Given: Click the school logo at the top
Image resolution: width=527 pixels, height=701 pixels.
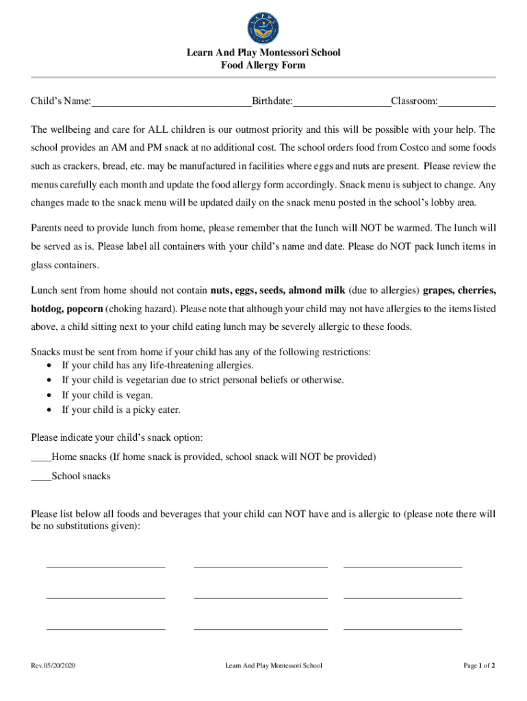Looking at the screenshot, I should [x=263, y=28].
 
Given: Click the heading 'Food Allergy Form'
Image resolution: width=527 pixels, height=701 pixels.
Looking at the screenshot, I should [x=263, y=66].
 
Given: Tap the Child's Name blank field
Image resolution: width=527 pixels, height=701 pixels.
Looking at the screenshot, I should [x=171, y=103].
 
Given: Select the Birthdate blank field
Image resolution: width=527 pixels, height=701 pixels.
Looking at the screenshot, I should [x=342, y=103].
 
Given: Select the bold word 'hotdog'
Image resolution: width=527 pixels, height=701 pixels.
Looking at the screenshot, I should [x=47, y=309].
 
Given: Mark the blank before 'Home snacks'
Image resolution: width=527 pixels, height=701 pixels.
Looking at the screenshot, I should [x=41, y=457].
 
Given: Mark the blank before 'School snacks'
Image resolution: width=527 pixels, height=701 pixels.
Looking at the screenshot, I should [x=41, y=476].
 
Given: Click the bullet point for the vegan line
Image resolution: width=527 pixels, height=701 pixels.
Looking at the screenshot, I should [x=49, y=396].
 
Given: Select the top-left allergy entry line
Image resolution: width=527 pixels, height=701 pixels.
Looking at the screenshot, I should [x=105, y=565].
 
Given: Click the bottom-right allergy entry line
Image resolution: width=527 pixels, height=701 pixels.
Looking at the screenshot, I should [x=402, y=627].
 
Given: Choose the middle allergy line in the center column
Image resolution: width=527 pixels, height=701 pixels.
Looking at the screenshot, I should [x=261, y=597].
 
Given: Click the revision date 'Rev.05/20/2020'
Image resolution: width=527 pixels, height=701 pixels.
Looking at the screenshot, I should [x=53, y=665].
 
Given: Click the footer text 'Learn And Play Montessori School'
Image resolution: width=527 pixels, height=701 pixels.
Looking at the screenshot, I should [x=273, y=665].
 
